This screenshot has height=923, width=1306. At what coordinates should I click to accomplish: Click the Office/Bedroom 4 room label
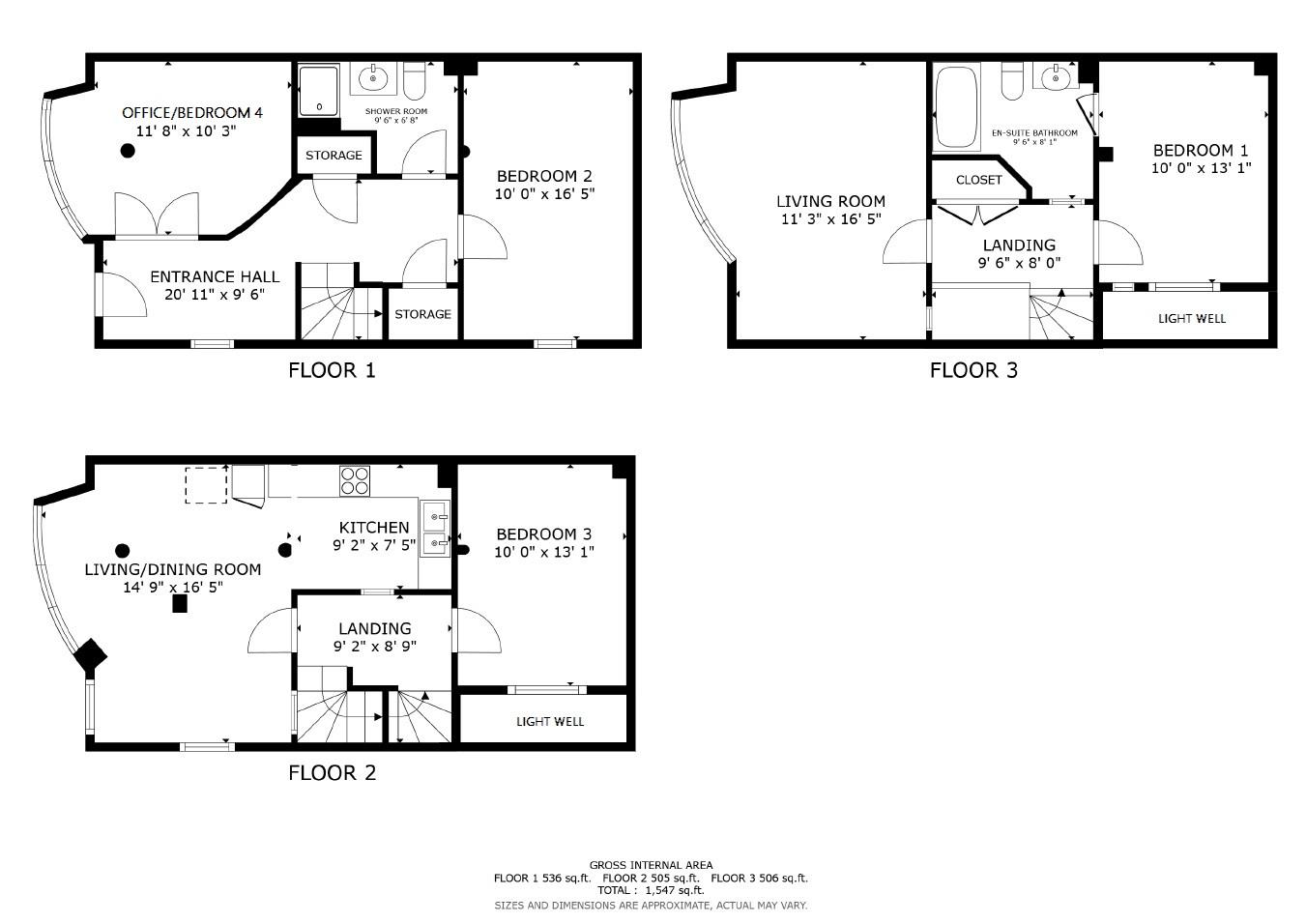click(x=191, y=113)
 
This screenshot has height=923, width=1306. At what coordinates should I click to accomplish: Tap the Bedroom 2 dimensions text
click(x=543, y=193)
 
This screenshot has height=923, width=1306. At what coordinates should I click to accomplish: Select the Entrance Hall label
click(x=214, y=277)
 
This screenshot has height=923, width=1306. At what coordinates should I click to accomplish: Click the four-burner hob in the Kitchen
click(x=355, y=480)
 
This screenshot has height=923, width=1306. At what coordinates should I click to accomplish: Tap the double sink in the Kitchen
click(x=435, y=530)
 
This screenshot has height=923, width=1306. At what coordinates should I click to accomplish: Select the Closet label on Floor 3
click(x=978, y=180)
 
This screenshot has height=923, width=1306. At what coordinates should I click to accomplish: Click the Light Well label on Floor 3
click(x=1191, y=318)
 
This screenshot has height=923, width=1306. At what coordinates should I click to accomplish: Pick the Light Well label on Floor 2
click(x=549, y=721)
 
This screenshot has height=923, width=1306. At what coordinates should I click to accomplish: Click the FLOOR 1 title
click(x=332, y=370)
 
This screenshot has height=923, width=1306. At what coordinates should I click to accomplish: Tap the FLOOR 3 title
click(x=973, y=370)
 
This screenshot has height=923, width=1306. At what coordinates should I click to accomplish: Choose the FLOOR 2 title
click(x=332, y=773)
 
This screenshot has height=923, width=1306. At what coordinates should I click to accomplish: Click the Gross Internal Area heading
click(x=651, y=865)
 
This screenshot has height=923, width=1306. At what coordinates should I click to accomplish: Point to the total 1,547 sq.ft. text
click(x=650, y=890)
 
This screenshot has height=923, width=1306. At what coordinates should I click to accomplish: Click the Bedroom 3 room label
click(x=543, y=534)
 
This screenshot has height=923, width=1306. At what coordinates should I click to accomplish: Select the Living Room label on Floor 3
click(x=830, y=202)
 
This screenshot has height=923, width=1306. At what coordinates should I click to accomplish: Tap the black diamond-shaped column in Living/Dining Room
click(x=91, y=656)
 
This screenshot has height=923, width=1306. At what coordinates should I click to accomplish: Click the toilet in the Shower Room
click(x=414, y=83)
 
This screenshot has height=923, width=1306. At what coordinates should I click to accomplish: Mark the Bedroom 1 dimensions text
click(x=1201, y=168)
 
